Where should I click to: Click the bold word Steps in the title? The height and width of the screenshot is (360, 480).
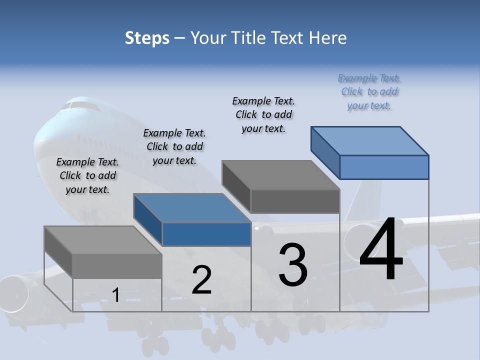(147, 38)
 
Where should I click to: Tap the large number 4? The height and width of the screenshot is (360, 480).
(381, 249)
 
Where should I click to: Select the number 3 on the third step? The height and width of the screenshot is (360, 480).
(293, 264)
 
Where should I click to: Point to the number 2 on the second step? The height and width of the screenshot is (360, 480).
(201, 280)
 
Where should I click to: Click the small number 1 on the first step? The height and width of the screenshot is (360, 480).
(115, 295)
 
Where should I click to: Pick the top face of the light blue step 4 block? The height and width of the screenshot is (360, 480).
(370, 140)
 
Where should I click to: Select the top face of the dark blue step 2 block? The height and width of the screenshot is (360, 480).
(192, 208)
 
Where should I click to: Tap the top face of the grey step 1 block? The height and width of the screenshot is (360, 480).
(103, 240)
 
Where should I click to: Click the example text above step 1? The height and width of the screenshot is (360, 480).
(87, 175)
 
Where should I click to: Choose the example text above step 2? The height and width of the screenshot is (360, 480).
(174, 146)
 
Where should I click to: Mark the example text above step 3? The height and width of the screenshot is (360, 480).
(263, 114)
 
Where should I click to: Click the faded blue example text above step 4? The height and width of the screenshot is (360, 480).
(369, 91)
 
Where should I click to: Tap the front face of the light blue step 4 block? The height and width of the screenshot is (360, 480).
(384, 167)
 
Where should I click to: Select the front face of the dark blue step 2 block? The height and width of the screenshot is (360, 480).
(206, 234)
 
